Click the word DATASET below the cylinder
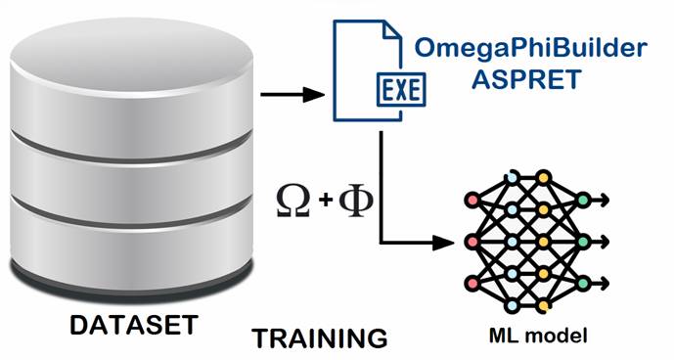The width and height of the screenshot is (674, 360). pyautogui.click(x=134, y=325)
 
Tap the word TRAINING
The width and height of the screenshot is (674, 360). pyautogui.click(x=319, y=338)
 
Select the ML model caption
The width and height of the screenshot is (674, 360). pyautogui.click(x=538, y=335)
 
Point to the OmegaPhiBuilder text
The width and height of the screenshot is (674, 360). pyautogui.click(x=531, y=48)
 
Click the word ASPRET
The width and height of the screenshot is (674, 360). pyautogui.click(x=526, y=79)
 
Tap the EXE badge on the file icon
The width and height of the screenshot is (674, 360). pyautogui.click(x=401, y=90)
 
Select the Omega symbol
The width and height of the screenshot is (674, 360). pyautogui.click(x=293, y=201)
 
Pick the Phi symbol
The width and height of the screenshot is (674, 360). pyautogui.click(x=356, y=201)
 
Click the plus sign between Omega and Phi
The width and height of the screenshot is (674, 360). pyautogui.click(x=326, y=200)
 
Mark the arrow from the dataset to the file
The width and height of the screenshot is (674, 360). pyautogui.click(x=292, y=94)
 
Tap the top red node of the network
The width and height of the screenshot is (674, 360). pyautogui.click(x=472, y=200)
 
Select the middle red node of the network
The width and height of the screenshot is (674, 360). pyautogui.click(x=472, y=242)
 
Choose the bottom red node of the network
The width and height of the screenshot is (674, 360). pyautogui.click(x=472, y=284)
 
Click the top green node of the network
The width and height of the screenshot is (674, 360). pyautogui.click(x=583, y=200)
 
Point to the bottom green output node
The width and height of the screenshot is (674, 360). pyautogui.click(x=583, y=284)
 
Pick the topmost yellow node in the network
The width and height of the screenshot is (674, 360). pyautogui.click(x=544, y=177)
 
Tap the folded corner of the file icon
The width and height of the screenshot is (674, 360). pyautogui.click(x=392, y=30)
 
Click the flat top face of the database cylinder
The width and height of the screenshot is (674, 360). pyautogui.click(x=131, y=55)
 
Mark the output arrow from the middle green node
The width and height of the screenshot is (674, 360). pyautogui.click(x=600, y=242)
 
